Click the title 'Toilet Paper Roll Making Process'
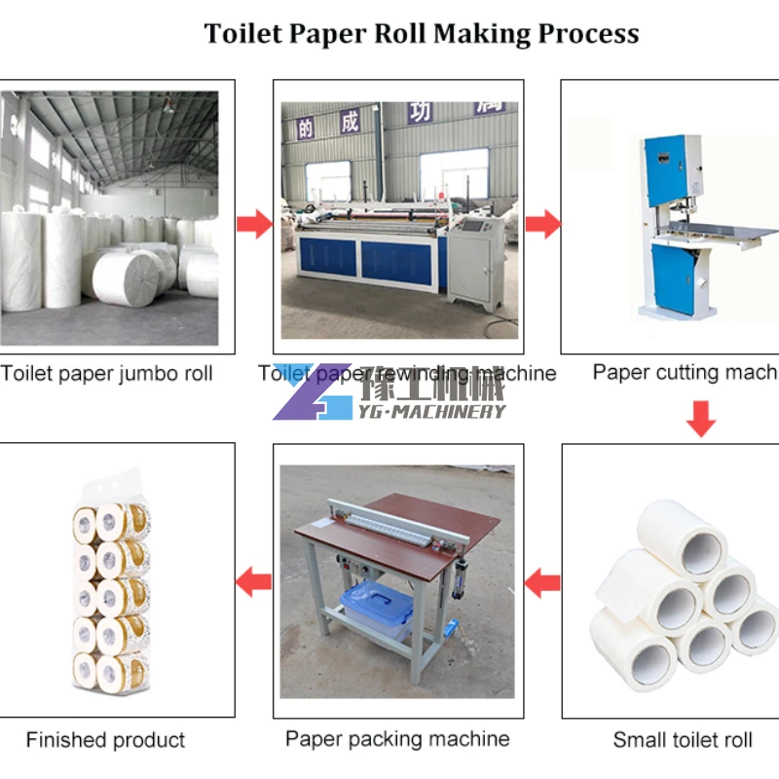pos(421,33)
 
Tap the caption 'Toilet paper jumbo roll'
pos(107,374)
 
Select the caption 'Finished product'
pos(105,740)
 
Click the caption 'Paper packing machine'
pos(397,739)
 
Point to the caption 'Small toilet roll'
pos(683,740)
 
